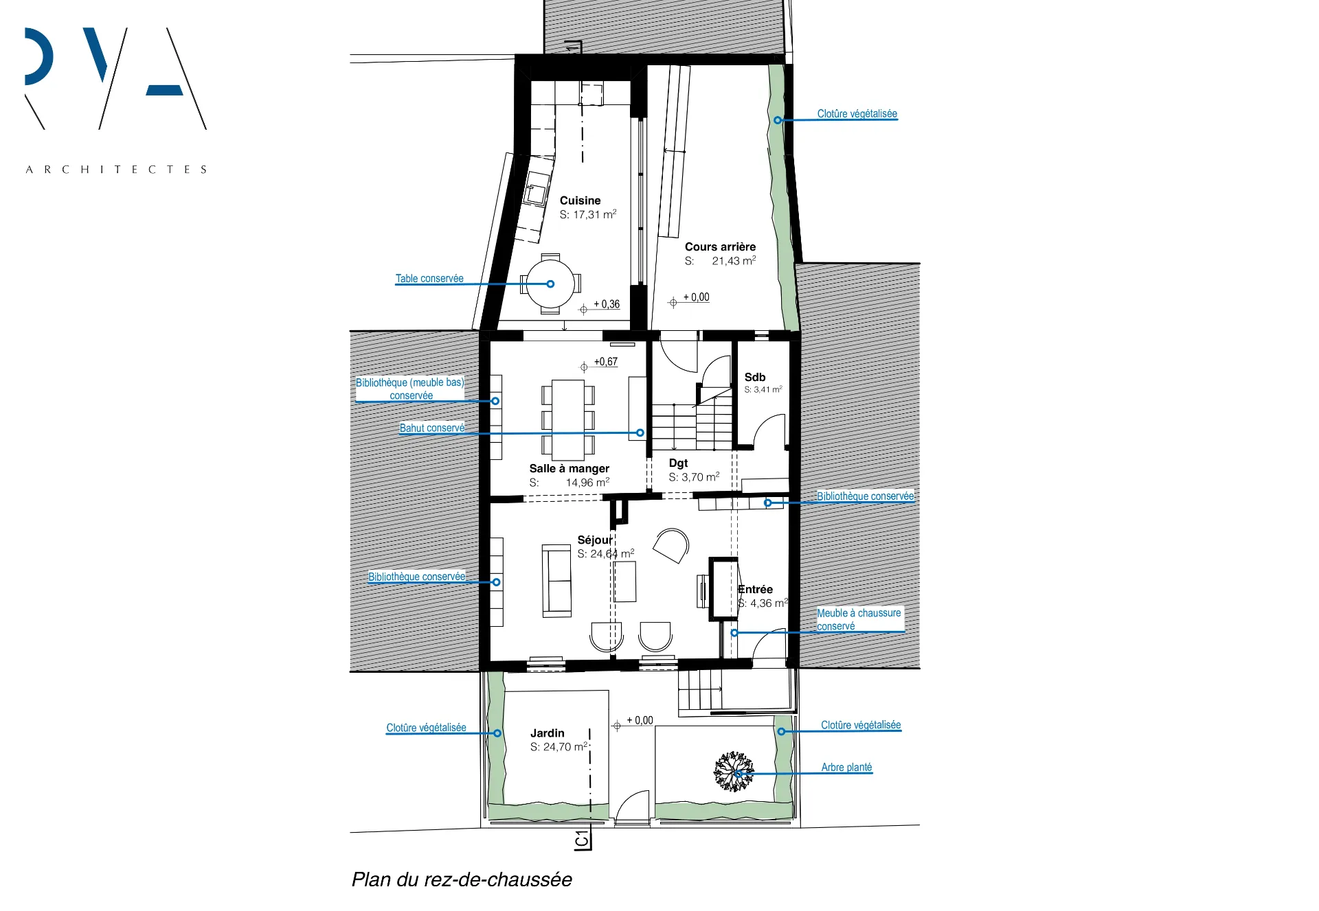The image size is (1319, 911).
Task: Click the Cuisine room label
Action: coord(580,200)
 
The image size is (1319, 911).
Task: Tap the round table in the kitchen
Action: coord(550,284)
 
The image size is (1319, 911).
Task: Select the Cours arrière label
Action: coord(720,246)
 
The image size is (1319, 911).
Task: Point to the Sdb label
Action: coord(754,377)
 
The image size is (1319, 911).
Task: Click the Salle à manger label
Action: coord(569,468)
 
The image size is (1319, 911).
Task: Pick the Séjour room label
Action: coord(595,540)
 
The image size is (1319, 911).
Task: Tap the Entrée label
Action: coord(755,589)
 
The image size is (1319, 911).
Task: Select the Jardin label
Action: coord(547,733)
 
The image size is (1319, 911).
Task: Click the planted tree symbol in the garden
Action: coord(733,772)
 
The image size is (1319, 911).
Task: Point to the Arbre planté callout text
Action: coord(846,767)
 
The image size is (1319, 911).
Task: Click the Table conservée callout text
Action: coord(429,278)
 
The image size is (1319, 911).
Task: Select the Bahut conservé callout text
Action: coord(432,428)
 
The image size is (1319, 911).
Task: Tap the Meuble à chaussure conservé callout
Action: coord(859,619)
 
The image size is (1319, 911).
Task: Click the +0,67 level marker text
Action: coord(606,362)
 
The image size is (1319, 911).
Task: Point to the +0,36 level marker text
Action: coord(607,304)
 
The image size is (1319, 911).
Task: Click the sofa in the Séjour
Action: coord(556,581)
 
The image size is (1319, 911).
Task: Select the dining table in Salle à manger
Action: coord(568,419)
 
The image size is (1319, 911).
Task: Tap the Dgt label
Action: coord(678,463)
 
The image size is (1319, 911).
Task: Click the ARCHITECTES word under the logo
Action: coord(116,170)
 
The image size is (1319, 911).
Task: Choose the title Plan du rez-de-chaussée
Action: coord(462,879)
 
